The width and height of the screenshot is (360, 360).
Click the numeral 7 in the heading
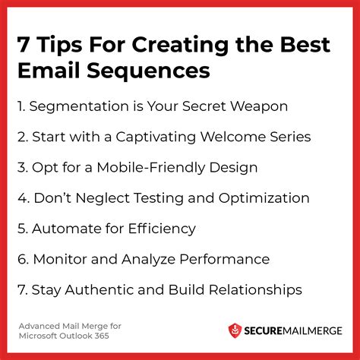pos(24,45)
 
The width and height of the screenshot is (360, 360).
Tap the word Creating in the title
pos(180,46)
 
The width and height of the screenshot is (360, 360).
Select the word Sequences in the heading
pos(148,71)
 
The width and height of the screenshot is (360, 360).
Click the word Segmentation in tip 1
pos(79,106)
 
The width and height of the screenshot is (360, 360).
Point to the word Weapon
pos(259,106)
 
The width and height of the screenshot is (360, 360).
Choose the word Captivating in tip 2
pos(156,137)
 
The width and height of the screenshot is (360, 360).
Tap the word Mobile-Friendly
pos(150,168)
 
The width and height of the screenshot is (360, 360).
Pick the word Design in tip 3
pos(233,168)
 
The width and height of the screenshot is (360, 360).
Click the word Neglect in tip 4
pos(103,198)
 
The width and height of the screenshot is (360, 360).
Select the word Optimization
pos(264,198)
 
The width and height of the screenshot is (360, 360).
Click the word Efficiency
pos(162,229)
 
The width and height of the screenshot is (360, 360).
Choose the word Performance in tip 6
pos(225,260)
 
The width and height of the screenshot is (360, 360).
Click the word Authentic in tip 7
pos(99,290)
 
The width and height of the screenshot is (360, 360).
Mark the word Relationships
pos(255,290)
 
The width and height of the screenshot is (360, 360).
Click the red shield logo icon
pos(235,330)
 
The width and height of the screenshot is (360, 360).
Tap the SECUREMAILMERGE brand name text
pos(293,331)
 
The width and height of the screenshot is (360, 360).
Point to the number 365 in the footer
pos(102,336)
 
